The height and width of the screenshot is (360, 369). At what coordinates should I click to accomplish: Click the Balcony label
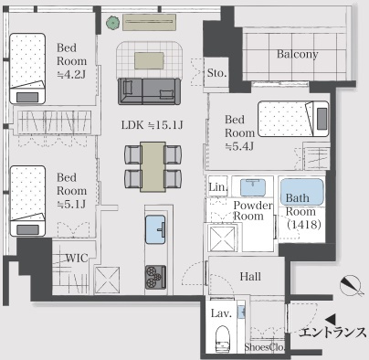298,55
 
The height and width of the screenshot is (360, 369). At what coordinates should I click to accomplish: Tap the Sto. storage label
217,72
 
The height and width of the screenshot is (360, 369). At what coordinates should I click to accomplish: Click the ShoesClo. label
265,347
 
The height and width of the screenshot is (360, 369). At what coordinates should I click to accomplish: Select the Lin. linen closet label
217,187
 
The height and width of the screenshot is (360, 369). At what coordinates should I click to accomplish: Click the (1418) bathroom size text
301,225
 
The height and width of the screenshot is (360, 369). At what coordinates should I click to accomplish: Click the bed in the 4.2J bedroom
28,68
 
